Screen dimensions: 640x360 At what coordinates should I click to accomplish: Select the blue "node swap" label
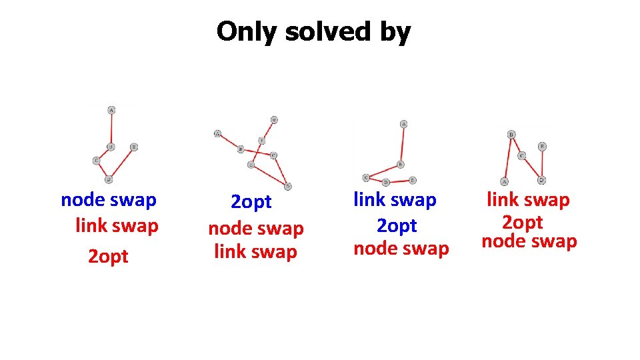pos(108,199)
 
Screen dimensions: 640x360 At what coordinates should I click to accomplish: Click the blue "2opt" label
pos(251,201)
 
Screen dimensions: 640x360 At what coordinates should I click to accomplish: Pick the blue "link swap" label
pos(395,199)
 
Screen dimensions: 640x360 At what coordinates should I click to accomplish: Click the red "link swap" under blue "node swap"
pos(117,225)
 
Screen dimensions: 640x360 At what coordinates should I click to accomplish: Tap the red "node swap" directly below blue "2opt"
pos(256,229)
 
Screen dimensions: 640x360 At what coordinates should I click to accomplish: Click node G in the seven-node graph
pos(274,120)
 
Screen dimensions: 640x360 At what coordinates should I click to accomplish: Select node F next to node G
pos(261,140)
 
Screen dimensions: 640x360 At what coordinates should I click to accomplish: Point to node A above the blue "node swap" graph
pos(111,109)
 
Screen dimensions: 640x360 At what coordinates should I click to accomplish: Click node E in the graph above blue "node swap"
pos(134,147)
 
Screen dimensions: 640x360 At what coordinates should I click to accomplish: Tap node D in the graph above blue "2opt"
pos(288,186)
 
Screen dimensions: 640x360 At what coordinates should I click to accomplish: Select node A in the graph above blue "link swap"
pos(403,124)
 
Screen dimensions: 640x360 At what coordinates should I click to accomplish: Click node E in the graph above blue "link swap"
pos(413,180)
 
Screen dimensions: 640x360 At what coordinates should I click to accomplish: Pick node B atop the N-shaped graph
pos(511,134)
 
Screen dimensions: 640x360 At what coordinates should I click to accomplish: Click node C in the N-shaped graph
pos(522,155)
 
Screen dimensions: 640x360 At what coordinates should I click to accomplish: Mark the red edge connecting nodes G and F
pos(268,130)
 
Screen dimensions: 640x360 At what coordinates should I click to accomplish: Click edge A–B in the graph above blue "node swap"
pos(111,128)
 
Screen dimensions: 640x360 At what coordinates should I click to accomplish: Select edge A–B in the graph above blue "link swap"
pos(402,144)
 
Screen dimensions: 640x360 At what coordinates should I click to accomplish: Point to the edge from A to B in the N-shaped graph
pos(508,158)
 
